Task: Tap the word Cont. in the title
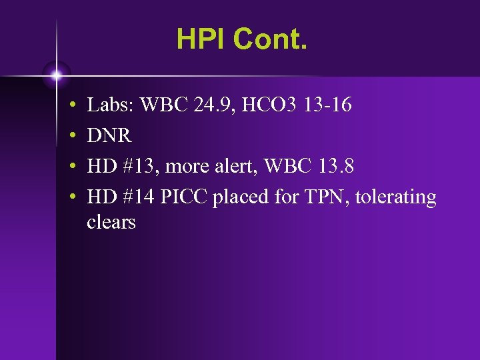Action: pyautogui.click(x=270, y=39)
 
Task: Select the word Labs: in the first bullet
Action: pyautogui.click(x=111, y=105)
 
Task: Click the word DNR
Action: pyautogui.click(x=109, y=136)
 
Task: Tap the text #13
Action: pyautogui.click(x=136, y=167)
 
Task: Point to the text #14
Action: pyautogui.click(x=136, y=198)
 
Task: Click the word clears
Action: pyautogui.click(x=111, y=222)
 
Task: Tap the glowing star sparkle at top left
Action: pyautogui.click(x=57, y=74)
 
